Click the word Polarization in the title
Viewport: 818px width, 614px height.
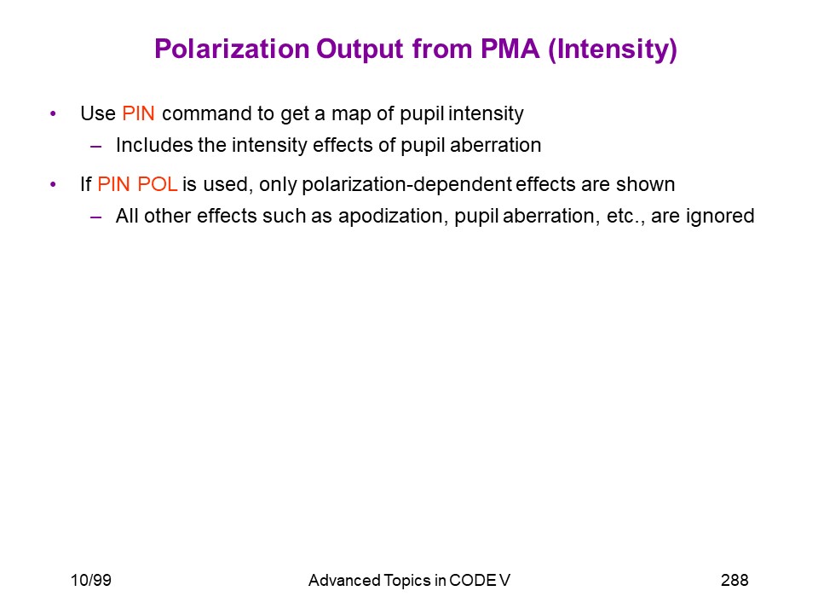coord(232,49)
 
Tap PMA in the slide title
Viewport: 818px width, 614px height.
coord(510,49)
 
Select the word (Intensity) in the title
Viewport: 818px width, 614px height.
coord(613,50)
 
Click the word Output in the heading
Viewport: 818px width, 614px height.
coord(360,50)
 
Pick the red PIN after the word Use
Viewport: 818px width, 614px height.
coord(138,113)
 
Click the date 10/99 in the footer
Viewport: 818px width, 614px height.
coord(91,580)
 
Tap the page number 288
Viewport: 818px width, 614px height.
coord(734,580)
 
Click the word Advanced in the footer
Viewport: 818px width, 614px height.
coord(344,580)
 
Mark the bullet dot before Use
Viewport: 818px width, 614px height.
coord(53,113)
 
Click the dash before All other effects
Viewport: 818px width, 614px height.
coord(95,217)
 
